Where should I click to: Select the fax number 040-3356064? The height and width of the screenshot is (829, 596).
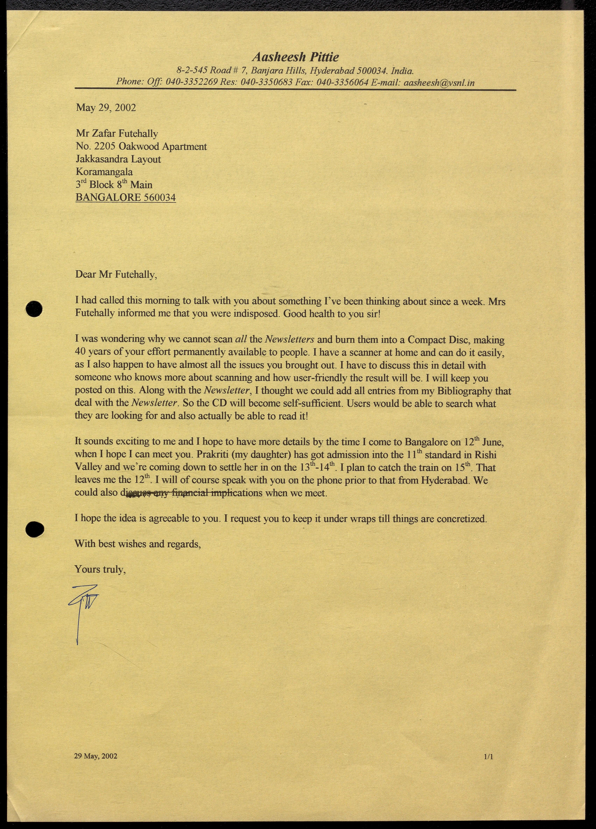(342, 82)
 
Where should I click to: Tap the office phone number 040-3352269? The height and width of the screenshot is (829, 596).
(192, 82)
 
